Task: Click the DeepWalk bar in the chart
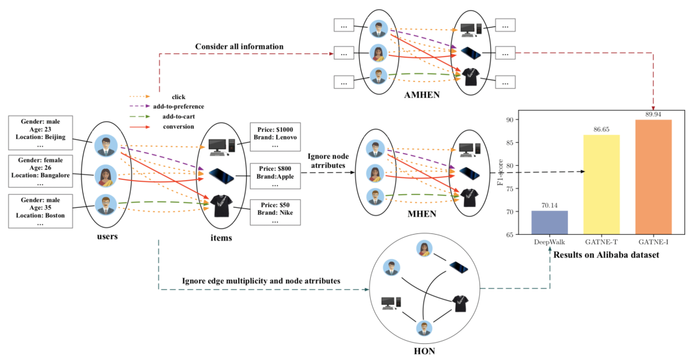549,222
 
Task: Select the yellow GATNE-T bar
601,184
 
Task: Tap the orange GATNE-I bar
654,177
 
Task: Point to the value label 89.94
654,114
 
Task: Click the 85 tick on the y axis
510,143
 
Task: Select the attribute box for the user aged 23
40,133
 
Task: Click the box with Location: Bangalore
40,172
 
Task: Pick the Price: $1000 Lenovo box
275,137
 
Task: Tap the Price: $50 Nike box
275,212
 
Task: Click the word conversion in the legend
179,127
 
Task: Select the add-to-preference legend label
179,107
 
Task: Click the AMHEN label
422,94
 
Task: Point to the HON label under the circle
425,351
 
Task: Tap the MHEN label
422,214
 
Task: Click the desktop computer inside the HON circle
391,302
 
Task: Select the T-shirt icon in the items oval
221,206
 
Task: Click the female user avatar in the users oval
106,176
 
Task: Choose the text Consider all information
240,46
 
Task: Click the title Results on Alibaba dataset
606,255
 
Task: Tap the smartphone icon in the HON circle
459,267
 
